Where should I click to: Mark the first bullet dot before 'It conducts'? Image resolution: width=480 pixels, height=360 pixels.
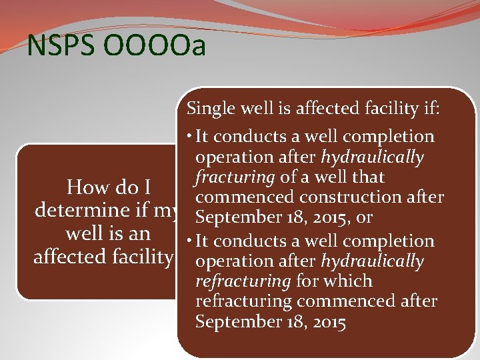point(191,136)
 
